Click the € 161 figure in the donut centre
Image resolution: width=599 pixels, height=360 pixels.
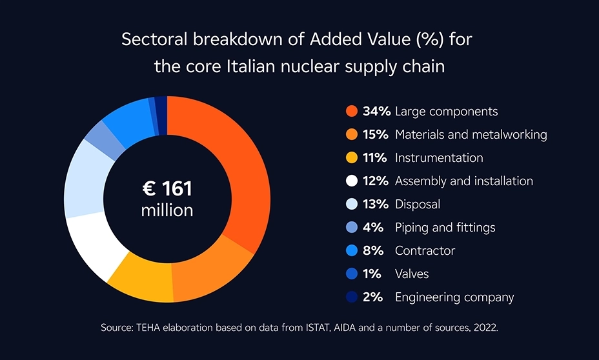[167, 189]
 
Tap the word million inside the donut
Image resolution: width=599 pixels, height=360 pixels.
[167, 210]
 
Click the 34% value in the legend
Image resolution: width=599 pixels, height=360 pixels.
[376, 112]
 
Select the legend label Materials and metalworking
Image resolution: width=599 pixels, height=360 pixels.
[471, 135]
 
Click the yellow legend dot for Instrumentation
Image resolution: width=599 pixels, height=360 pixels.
[352, 158]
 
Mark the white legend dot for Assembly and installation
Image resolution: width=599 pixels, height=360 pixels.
[352, 181]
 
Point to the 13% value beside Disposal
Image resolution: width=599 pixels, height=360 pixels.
[376, 205]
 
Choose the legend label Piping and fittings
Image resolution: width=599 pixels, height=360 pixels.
[445, 228]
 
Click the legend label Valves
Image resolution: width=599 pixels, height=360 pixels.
[412, 274]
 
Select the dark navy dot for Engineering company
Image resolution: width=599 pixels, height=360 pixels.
[352, 297]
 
